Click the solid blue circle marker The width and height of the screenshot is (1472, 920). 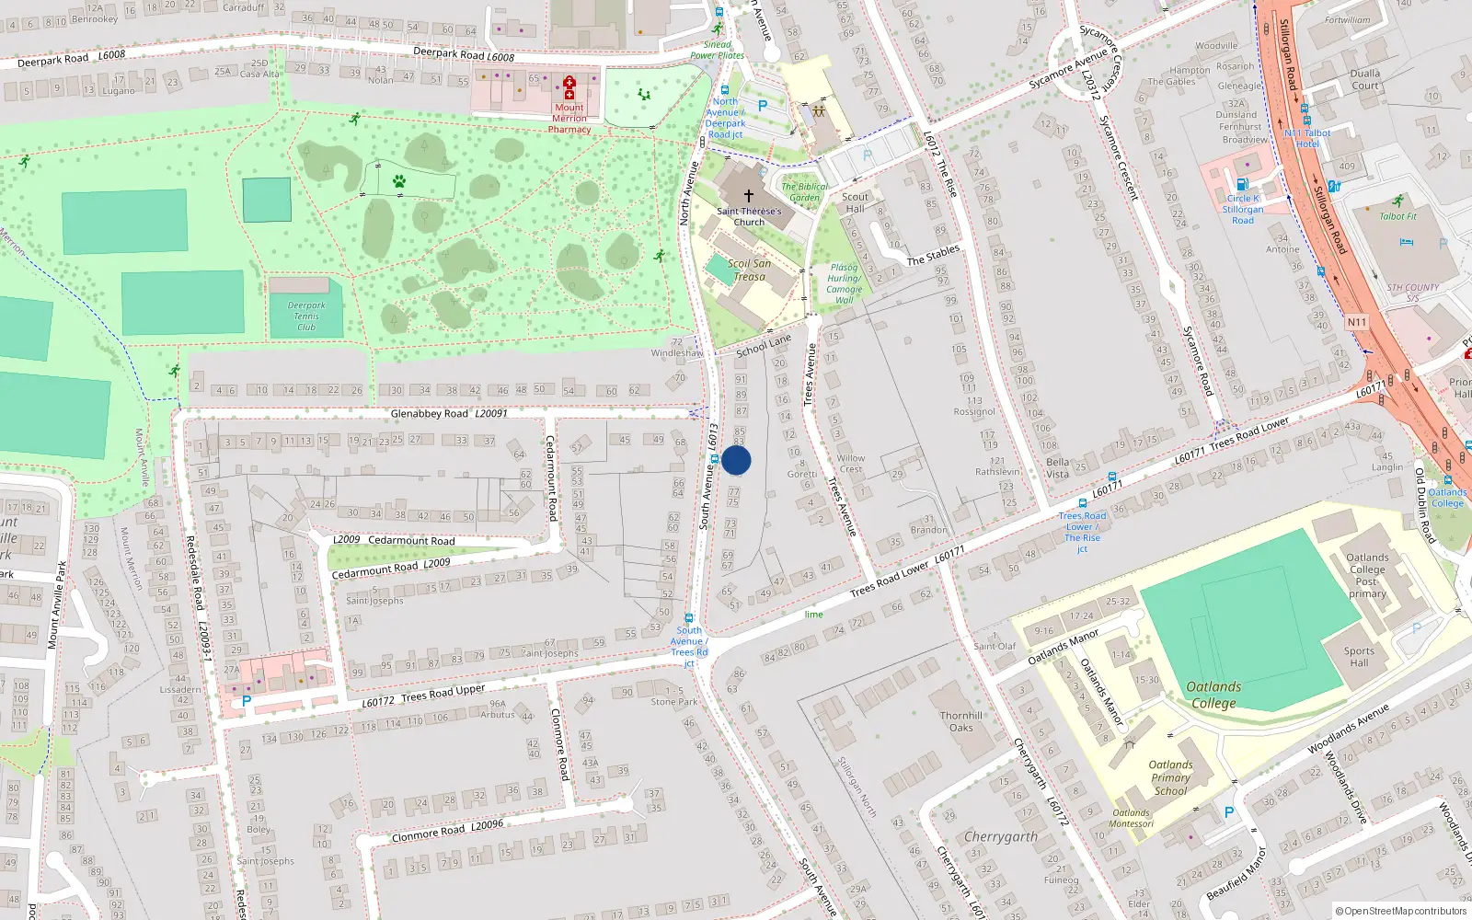tap(736, 460)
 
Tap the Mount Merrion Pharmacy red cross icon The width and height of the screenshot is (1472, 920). tap(569, 88)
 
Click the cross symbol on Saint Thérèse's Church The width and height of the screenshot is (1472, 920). tap(749, 196)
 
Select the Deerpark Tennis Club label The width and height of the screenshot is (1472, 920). tap(306, 316)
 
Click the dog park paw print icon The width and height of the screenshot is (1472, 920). tap(399, 181)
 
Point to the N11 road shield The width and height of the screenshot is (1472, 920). tap(1356, 322)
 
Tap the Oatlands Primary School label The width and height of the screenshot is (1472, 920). tap(1170, 777)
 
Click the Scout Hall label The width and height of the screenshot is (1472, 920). tap(855, 202)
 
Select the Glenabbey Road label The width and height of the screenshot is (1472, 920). tap(430, 414)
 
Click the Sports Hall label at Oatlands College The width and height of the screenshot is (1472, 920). tap(1359, 657)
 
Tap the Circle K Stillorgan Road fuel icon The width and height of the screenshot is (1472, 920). tap(1243, 184)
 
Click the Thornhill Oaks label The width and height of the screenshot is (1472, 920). tap(961, 721)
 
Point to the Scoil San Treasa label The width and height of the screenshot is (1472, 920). tap(749, 270)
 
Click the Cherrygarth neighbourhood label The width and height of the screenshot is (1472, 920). tap(1000, 837)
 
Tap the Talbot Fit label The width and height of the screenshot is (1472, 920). tap(1397, 216)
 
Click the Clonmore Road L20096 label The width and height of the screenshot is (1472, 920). tap(447, 832)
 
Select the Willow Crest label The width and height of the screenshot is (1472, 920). tap(851, 463)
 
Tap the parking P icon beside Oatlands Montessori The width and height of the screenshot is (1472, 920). tap(1228, 812)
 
